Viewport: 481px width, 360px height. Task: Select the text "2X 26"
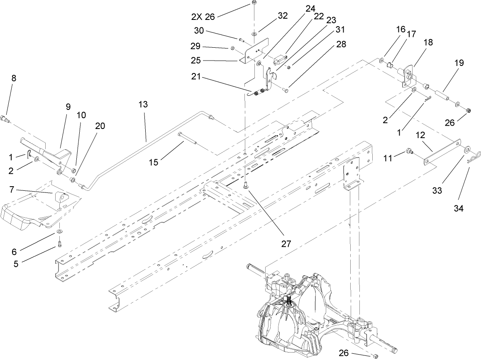pyautogui.click(x=204, y=17)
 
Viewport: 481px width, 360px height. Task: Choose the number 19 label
pyautogui.click(x=459, y=63)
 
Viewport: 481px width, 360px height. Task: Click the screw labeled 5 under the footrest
pyautogui.click(x=60, y=243)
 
